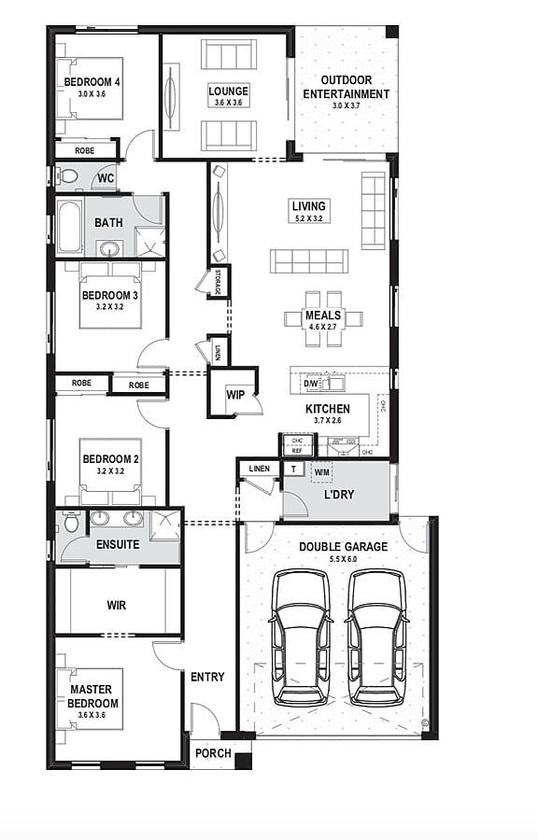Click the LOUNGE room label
229,91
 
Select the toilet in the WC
68,176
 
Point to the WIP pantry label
235,395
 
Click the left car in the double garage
301,637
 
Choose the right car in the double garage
377,637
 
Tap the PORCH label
213,753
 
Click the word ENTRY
207,677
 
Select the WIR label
117,605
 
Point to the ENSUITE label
118,544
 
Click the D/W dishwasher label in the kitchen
312,384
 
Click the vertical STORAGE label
219,281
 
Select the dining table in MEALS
324,317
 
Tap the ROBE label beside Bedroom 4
85,149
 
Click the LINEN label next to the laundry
260,469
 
